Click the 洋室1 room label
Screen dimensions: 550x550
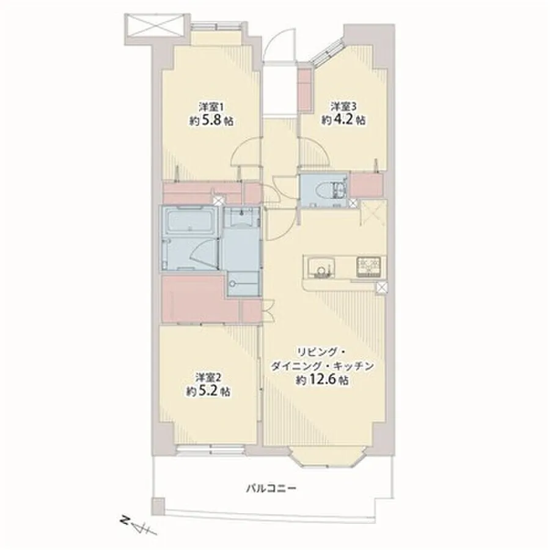[211, 106]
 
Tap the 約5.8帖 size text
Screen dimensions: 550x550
[211, 121]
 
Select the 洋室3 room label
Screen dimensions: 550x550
[343, 106]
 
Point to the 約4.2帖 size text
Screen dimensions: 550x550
[343, 120]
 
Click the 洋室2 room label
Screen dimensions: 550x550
[208, 378]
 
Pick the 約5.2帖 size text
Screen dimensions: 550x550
[208, 392]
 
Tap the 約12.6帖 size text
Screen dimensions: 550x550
[322, 380]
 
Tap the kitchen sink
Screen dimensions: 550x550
[320, 267]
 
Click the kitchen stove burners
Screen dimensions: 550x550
[369, 266]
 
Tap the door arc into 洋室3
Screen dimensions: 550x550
[314, 151]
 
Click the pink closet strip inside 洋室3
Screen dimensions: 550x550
[305, 89]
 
